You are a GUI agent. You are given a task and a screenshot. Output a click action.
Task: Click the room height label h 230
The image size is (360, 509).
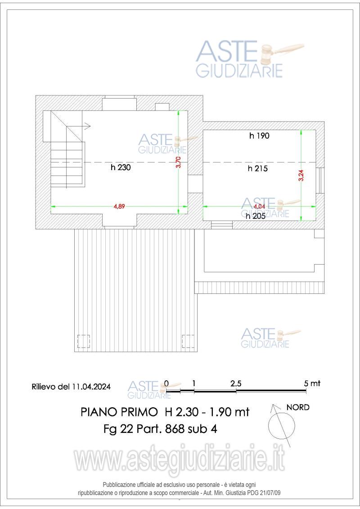(120, 168)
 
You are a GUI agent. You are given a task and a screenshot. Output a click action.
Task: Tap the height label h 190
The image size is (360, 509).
(259, 135)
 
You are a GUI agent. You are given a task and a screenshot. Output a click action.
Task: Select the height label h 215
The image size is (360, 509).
(258, 169)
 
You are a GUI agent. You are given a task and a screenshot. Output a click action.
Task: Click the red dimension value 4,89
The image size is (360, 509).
(119, 206)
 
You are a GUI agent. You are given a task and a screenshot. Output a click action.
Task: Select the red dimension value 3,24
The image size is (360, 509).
(301, 175)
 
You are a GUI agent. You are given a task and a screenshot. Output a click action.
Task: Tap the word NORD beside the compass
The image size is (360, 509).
(298, 407)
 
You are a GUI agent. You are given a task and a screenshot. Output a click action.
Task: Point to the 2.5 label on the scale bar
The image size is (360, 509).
(236, 383)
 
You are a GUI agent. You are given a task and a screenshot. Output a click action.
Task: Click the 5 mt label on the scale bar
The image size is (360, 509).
(312, 383)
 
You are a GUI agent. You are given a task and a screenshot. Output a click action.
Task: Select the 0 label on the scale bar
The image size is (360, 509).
(166, 383)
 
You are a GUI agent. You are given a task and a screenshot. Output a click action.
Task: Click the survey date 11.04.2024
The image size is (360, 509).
(91, 387)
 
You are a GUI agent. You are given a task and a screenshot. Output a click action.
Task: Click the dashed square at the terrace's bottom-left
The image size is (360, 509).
(84, 342)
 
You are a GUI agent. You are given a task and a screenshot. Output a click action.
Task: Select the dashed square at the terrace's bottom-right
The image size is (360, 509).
(188, 342)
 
